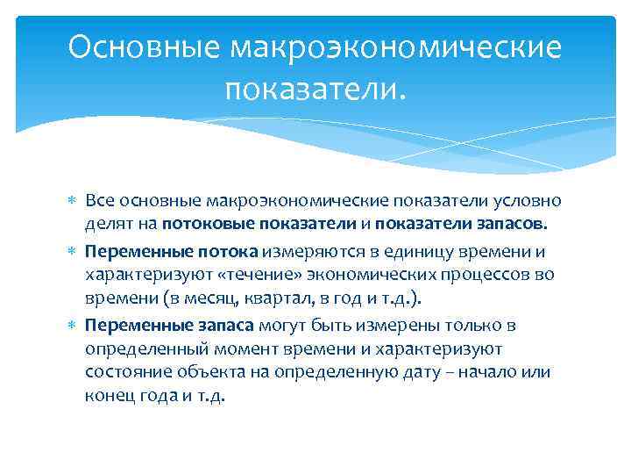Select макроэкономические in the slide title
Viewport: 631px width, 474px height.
click(x=395, y=47)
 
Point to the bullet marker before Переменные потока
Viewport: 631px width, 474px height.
click(x=74, y=250)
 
